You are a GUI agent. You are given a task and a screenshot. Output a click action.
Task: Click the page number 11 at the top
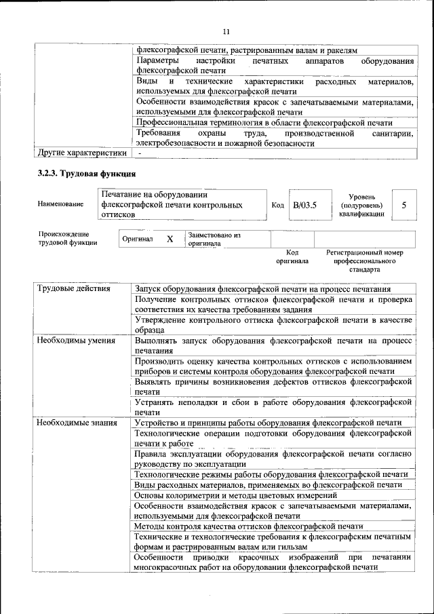[x=226, y=31]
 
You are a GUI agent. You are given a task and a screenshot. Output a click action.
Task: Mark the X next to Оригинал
[x=170, y=239]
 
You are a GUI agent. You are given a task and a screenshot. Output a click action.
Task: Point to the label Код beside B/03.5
[x=277, y=204]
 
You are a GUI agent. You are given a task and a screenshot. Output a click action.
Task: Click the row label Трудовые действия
[x=73, y=289]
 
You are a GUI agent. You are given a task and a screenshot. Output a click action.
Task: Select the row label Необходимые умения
[x=76, y=341]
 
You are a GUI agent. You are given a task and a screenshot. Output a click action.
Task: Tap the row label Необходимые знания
[x=76, y=423]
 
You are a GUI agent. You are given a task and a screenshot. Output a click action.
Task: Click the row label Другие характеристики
[x=82, y=153]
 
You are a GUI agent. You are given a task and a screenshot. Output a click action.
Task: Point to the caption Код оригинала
[x=292, y=256]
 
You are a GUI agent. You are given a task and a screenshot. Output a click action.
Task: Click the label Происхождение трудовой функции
[x=68, y=238]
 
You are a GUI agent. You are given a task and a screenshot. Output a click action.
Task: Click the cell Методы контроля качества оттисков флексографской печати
[x=248, y=526]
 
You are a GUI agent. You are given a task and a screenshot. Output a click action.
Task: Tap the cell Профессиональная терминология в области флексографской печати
[x=264, y=122]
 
